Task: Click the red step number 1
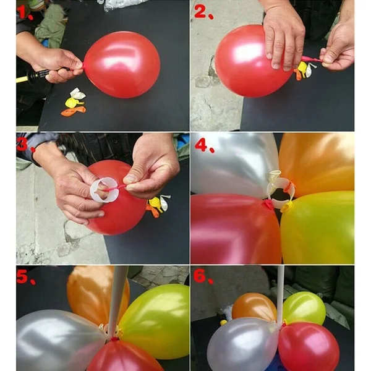pyautogui.click(x=24, y=12)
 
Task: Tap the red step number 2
pyautogui.click(x=203, y=12)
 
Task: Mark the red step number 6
pyautogui.click(x=203, y=276)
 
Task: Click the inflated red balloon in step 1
pyautogui.click(x=122, y=64)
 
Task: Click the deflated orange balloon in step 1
pyautogui.click(x=74, y=111)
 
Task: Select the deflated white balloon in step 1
pyautogui.click(x=78, y=94)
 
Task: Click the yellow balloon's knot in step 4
pyautogui.click(x=286, y=207)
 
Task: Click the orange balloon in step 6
pyautogui.click(x=254, y=307)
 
